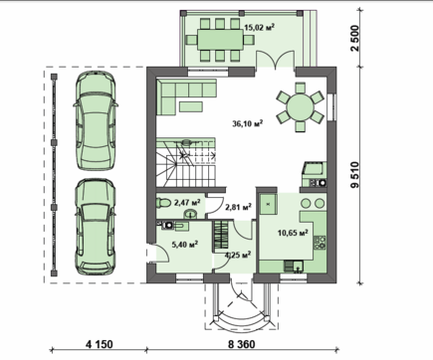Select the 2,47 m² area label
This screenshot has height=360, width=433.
click(187, 203)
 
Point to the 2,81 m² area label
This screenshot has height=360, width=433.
click(237, 208)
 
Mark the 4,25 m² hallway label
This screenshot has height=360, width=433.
click(237, 255)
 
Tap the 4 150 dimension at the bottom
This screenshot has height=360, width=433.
click(98, 345)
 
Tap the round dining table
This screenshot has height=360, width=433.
click(298, 106)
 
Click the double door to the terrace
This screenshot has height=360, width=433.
click(268, 62)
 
